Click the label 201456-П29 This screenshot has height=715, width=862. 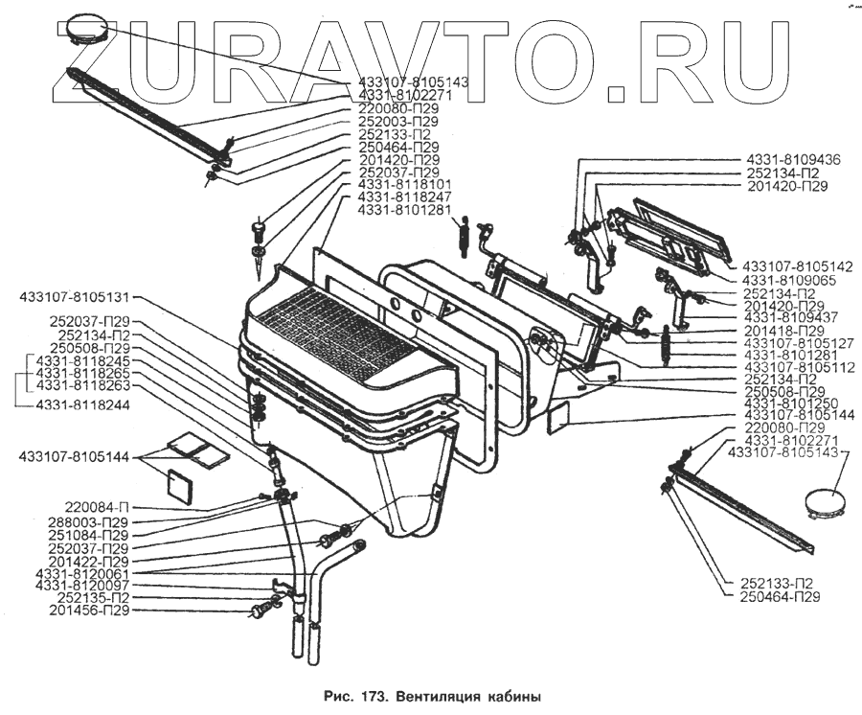(88, 610)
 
